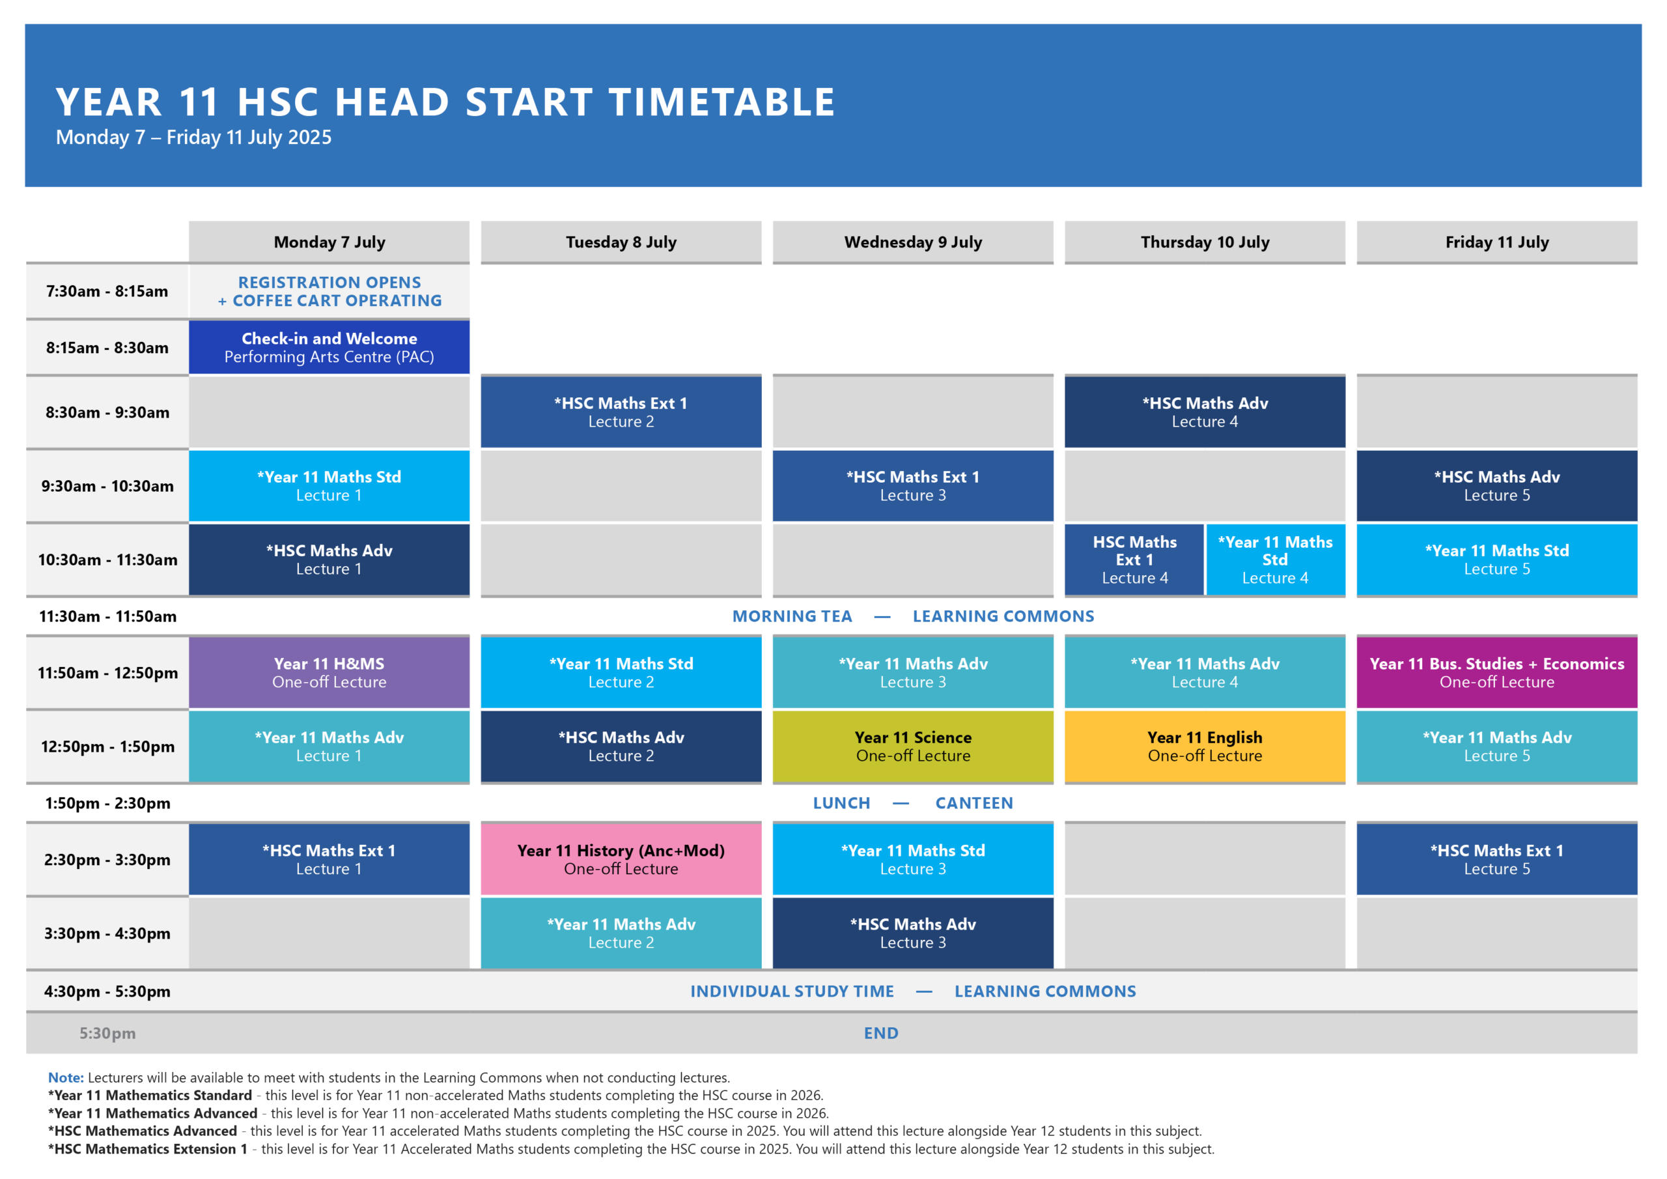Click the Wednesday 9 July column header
tap(913, 242)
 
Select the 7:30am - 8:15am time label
tap(107, 291)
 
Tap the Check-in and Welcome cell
tap(329, 347)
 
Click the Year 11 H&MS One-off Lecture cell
tap(329, 673)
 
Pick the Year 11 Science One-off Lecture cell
tap(913, 746)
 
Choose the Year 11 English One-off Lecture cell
tap(1205, 746)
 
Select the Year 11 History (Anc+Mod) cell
tap(621, 859)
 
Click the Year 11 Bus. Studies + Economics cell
tap(1496, 673)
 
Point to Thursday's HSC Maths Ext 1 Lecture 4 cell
tap(1134, 560)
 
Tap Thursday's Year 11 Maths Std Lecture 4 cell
tap(1276, 560)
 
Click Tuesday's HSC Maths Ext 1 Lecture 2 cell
tap(621, 412)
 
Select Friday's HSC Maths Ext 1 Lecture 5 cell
tap(1496, 859)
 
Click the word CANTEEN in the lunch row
tap(974, 803)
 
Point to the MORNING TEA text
tap(792, 616)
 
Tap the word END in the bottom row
tap(880, 1033)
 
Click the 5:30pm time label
tap(107, 1033)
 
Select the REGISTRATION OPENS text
tap(329, 282)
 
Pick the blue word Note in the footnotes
tap(65, 1077)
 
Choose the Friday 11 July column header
tap(1496, 242)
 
